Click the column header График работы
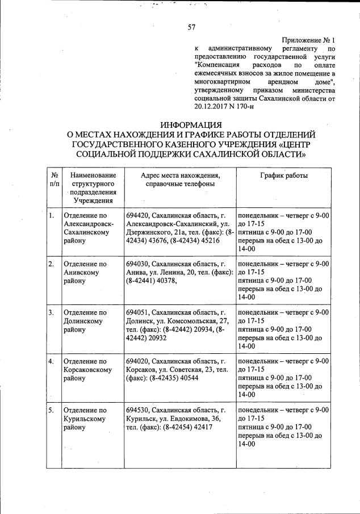(284, 175)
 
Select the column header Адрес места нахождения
(180, 175)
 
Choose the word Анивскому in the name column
(82, 273)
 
